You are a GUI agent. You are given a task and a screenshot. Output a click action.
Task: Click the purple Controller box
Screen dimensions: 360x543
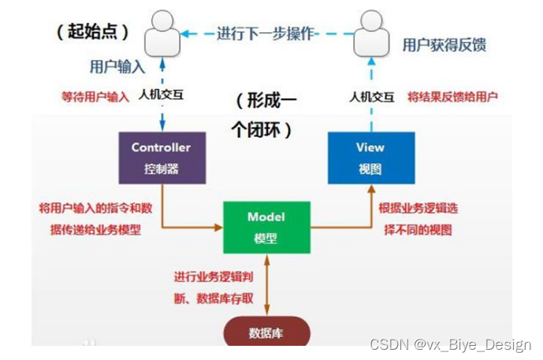[162, 158]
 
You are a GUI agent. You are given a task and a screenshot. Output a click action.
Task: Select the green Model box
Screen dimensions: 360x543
[266, 227]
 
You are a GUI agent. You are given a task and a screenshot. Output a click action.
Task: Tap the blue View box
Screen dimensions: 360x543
[370, 158]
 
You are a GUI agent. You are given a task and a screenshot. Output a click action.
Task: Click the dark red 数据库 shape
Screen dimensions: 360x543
[266, 332]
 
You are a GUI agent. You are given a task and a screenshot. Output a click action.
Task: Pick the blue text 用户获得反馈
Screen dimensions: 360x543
[444, 44]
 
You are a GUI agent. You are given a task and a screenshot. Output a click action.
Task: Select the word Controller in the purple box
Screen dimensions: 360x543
[161, 147]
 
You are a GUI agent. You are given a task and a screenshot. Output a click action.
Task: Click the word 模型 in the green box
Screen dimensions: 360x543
[266, 237]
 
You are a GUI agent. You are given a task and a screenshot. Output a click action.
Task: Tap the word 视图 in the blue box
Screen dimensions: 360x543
[370, 168]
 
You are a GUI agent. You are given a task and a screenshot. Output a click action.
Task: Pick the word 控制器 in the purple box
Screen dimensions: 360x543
[161, 168]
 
